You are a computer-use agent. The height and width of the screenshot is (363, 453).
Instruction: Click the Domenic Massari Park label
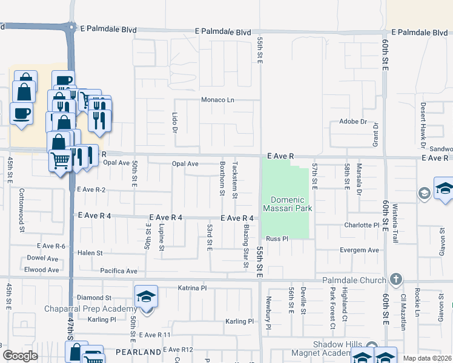[x=287, y=204]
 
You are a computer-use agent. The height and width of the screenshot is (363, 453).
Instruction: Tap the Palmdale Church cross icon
[x=396, y=280]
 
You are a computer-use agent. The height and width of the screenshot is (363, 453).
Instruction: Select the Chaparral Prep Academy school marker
[x=146, y=297]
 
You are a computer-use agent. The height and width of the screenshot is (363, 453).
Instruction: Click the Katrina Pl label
[x=192, y=288]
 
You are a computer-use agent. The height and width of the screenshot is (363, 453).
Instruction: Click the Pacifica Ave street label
[x=119, y=271]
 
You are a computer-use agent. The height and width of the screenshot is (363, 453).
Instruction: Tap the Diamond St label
[x=94, y=298]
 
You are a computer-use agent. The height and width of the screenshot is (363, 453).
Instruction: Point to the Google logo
[x=20, y=355]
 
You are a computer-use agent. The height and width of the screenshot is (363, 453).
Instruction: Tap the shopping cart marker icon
[x=60, y=161]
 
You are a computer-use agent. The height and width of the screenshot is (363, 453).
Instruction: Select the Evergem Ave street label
[x=360, y=250]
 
